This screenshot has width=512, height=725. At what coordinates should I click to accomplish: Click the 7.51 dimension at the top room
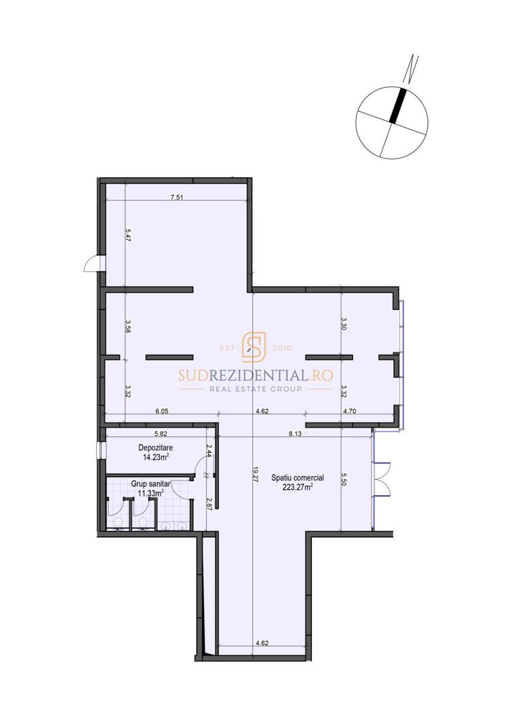[177, 197]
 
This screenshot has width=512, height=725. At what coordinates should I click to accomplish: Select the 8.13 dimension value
[295, 434]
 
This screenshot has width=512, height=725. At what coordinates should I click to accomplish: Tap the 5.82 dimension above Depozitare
[160, 434]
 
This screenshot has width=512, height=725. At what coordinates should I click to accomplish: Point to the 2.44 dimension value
[209, 450]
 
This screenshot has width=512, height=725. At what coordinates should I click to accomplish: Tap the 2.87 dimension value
[209, 504]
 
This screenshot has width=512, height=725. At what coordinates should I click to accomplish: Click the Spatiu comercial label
[297, 478]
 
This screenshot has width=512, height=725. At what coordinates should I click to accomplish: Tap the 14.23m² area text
[155, 457]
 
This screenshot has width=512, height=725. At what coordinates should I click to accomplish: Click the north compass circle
[392, 122]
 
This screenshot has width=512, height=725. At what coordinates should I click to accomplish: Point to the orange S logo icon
[254, 347]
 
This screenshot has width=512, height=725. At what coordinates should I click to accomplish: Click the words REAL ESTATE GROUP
[255, 389]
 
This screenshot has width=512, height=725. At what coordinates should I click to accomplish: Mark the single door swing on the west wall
[91, 264]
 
